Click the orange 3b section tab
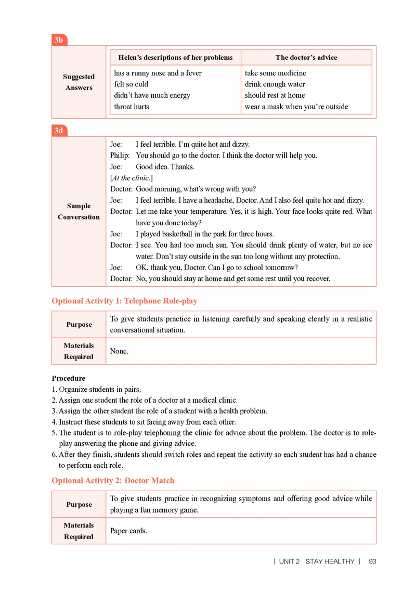[x=59, y=40]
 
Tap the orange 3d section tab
[x=59, y=131]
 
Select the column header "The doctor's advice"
[x=306, y=57]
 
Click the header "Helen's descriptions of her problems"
[x=176, y=57]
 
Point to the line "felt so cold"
[x=131, y=84]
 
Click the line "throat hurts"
[x=132, y=107]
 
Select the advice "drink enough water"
[x=275, y=84]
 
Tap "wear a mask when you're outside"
[x=296, y=107]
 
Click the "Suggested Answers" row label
[x=79, y=82]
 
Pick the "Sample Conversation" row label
[x=79, y=211]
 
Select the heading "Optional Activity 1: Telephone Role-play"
[x=124, y=301]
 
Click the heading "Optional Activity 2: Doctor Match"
[x=113, y=480]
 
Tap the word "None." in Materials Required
[x=119, y=351]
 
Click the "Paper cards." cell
[x=128, y=531]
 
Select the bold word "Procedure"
[x=69, y=378]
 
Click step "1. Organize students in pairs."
[x=96, y=389]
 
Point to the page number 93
[x=372, y=561]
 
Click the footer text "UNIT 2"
[x=289, y=561]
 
